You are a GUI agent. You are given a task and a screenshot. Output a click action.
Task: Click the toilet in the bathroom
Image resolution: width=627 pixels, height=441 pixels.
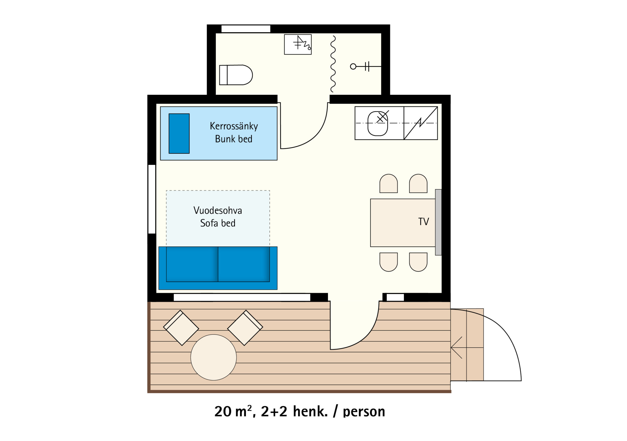236,75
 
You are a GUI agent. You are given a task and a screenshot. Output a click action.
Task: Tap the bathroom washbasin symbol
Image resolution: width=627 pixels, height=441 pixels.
298,44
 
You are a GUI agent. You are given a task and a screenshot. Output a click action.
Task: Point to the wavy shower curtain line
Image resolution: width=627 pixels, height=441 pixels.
333,64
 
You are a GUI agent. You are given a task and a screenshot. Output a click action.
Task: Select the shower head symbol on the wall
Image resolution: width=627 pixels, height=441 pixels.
366,66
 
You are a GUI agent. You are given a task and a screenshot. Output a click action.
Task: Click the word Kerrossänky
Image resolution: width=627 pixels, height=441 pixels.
234,126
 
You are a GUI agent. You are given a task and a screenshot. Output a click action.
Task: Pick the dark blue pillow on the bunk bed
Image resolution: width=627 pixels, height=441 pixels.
179,134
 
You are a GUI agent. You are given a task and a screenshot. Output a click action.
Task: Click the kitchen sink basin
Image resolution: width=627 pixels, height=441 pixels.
378,123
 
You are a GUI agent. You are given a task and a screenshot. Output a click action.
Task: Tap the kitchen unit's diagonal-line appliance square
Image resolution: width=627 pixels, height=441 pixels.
421,123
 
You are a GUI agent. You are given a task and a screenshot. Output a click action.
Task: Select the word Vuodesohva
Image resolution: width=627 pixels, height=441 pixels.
218,210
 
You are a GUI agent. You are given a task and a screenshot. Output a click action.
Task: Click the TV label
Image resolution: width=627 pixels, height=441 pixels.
423,221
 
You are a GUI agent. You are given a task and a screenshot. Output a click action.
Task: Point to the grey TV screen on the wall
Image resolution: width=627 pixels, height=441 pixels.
438,222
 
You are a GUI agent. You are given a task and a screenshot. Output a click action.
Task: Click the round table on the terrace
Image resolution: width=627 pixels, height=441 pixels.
214,357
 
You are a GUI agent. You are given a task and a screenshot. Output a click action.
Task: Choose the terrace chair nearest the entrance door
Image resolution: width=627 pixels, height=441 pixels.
245,328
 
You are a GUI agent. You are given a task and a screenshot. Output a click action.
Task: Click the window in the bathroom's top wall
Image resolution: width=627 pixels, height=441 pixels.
246,29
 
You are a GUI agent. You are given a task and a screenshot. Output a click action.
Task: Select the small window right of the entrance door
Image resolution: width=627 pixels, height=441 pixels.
395,297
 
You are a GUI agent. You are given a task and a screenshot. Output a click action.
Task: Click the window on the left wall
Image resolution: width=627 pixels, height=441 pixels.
152,199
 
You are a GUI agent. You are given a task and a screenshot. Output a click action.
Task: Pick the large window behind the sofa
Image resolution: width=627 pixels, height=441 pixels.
242,297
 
